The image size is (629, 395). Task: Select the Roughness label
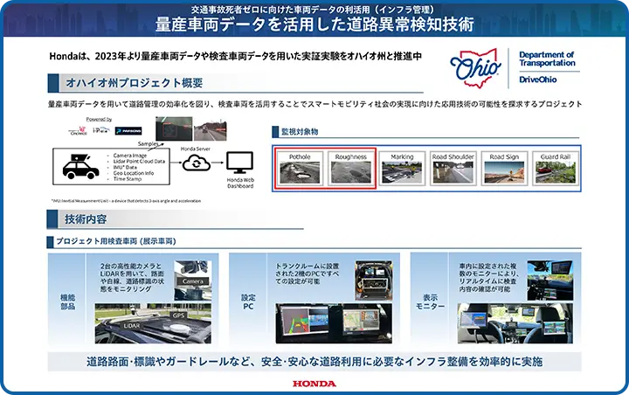point(351,157)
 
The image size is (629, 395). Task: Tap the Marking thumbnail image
point(402,172)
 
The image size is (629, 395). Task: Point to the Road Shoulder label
point(453,157)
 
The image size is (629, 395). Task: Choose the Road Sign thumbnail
point(504,172)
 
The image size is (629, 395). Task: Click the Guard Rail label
point(555,157)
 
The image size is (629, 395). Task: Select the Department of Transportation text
point(547,59)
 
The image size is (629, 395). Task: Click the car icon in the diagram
point(80,164)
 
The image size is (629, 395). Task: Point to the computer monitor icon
point(238,162)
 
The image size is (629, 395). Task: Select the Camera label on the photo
point(191,282)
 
